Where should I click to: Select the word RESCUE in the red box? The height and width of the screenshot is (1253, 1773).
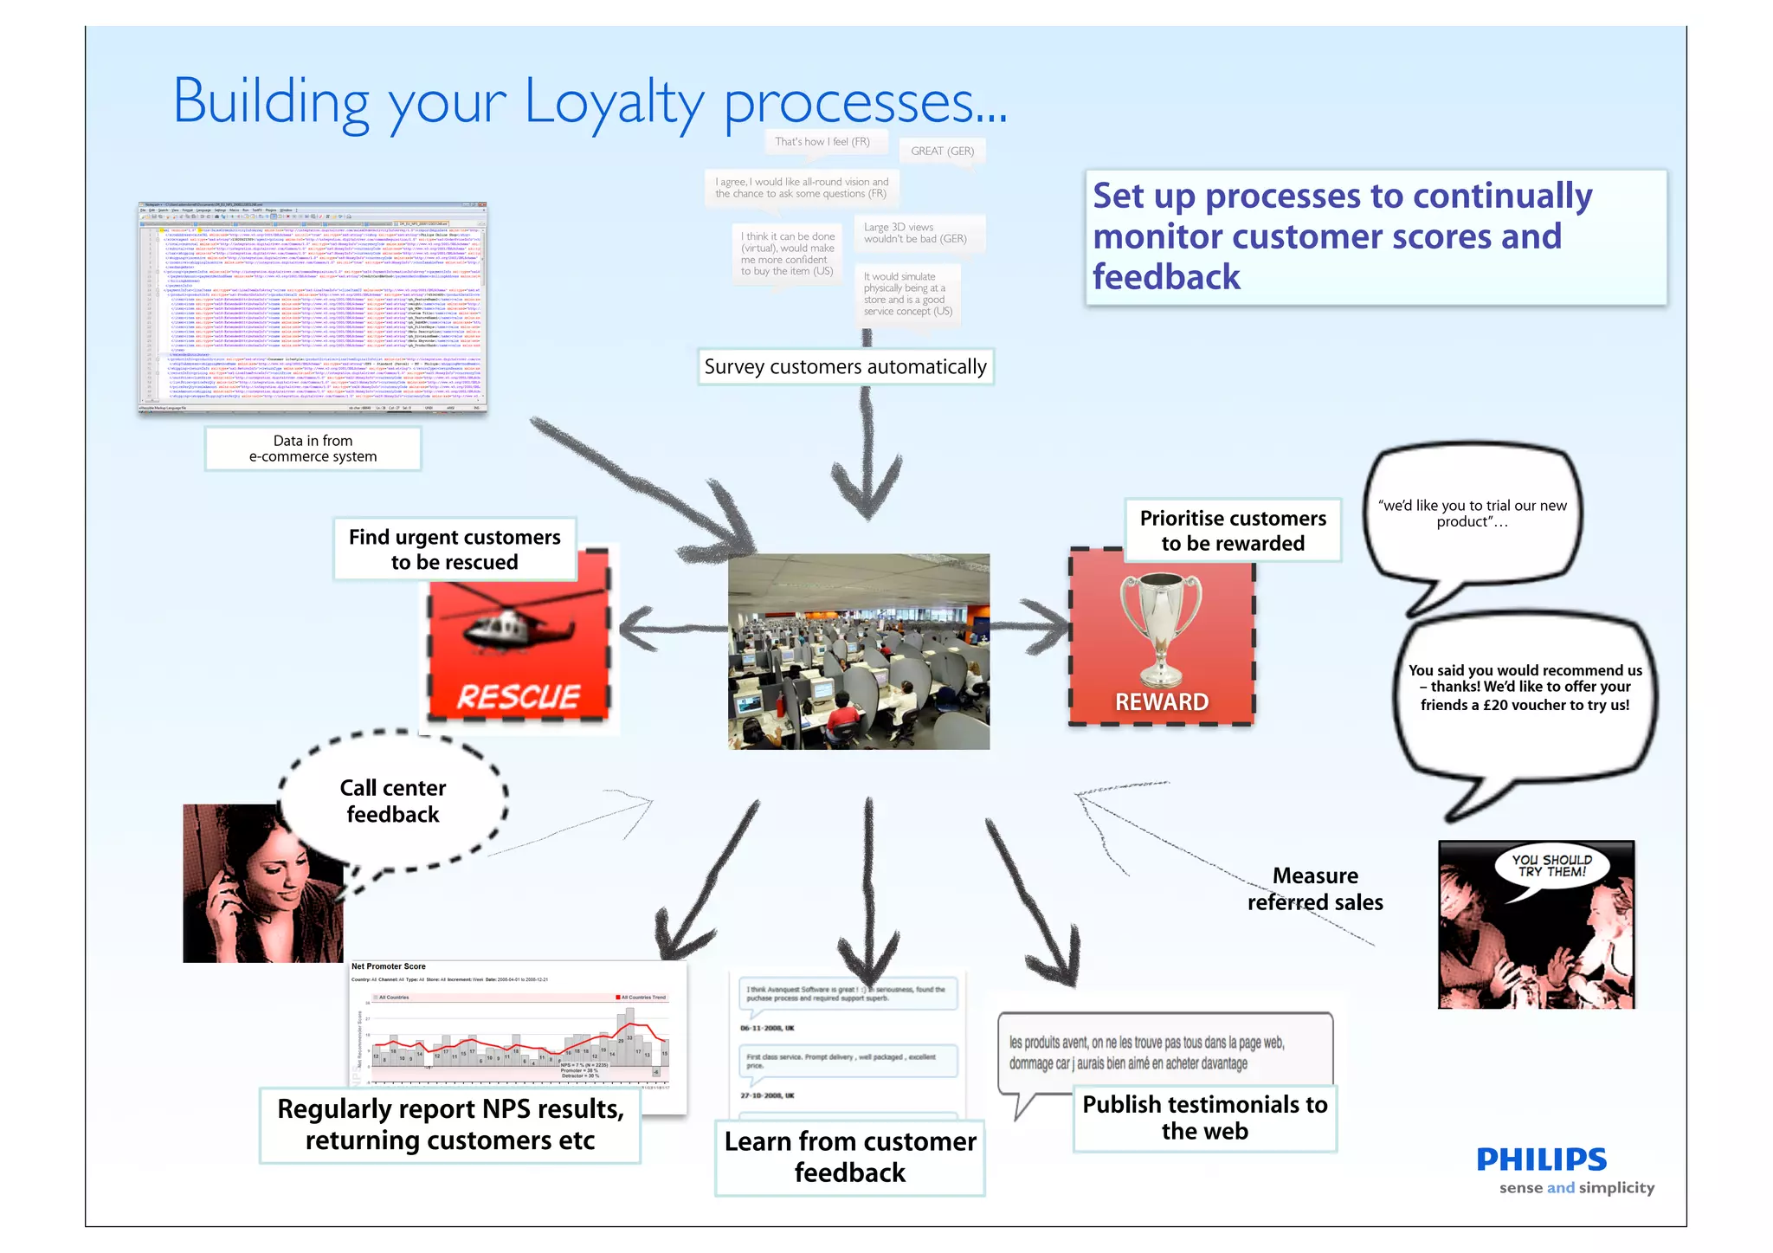click(x=518, y=697)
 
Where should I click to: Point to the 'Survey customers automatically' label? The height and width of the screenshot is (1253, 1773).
click(x=845, y=367)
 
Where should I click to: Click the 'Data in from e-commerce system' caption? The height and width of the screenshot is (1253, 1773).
click(x=313, y=449)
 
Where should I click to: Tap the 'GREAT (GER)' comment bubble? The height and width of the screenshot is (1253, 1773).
click(x=942, y=151)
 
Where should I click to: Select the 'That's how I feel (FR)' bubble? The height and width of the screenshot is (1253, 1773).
click(x=822, y=141)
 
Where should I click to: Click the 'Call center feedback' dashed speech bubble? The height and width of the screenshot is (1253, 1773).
click(x=393, y=800)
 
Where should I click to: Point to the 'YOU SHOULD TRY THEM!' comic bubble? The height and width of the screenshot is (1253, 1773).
click(x=1551, y=866)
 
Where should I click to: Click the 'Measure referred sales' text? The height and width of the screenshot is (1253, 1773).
click(x=1315, y=888)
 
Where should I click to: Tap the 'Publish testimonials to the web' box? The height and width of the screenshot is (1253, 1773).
click(x=1204, y=1118)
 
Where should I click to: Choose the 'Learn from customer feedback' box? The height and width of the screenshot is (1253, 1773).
click(x=850, y=1157)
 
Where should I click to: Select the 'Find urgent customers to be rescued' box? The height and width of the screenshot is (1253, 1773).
click(x=455, y=549)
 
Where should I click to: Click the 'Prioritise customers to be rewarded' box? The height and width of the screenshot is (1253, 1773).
click(x=1233, y=530)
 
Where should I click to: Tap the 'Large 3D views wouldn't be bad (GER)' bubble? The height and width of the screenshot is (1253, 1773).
click(x=914, y=233)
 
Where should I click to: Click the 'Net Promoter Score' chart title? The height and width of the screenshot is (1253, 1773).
click(x=389, y=966)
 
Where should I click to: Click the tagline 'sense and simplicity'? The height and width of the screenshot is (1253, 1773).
click(x=1576, y=1187)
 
